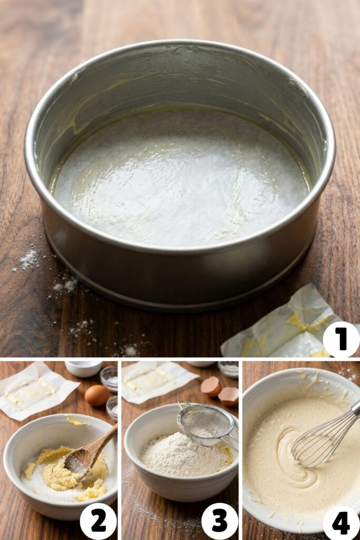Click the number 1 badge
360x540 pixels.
coord(341,340)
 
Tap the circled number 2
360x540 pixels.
coord(98,521)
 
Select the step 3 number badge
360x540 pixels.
coord(219,521)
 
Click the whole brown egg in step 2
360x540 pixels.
coord(97,395)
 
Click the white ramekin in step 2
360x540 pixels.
coord(83,368)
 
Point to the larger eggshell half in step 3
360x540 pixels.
coord(211,387)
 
